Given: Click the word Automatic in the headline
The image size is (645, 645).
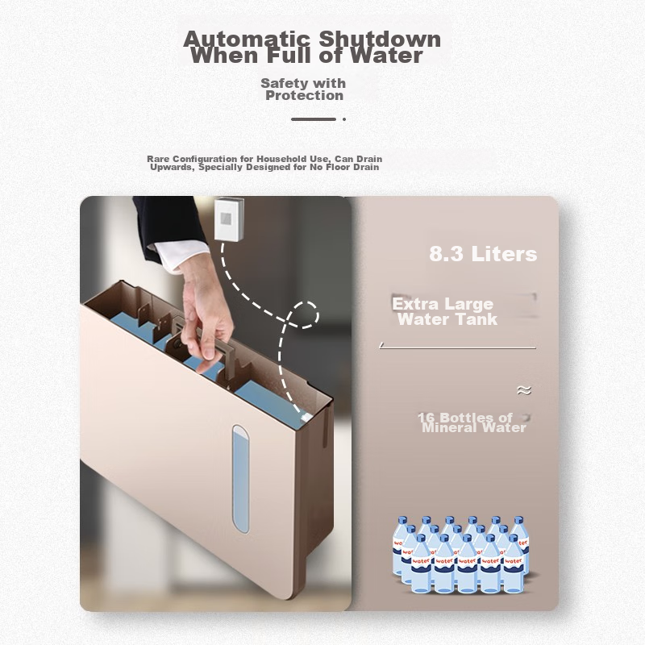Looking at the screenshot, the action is coord(246,39).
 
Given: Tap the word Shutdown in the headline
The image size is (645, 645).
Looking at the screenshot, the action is coord(379,39).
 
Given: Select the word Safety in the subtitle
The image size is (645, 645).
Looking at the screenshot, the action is coord(280,83).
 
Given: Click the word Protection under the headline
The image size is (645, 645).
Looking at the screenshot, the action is coord(305,95).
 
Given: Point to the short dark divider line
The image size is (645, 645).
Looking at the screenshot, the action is coord(314,119).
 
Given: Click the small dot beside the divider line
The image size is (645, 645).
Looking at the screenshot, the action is coord(344,119).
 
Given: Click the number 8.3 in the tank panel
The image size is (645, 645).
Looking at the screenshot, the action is coord(447,254).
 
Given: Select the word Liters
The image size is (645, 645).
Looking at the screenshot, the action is coord(504,254).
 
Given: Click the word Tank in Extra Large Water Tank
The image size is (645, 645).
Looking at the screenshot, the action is coord(479,319).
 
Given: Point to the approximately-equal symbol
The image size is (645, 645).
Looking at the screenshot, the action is coord(524,390).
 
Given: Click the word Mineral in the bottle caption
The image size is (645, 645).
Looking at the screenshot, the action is coord(450,428).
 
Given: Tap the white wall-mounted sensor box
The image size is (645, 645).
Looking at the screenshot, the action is coord(229,218).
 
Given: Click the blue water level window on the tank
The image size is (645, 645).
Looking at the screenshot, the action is coord(240,479).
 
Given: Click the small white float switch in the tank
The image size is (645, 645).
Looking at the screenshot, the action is coord(306,417).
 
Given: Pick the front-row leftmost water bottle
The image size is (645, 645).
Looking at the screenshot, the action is coord(421,564).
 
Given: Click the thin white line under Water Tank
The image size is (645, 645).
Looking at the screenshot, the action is coord(457,348).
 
